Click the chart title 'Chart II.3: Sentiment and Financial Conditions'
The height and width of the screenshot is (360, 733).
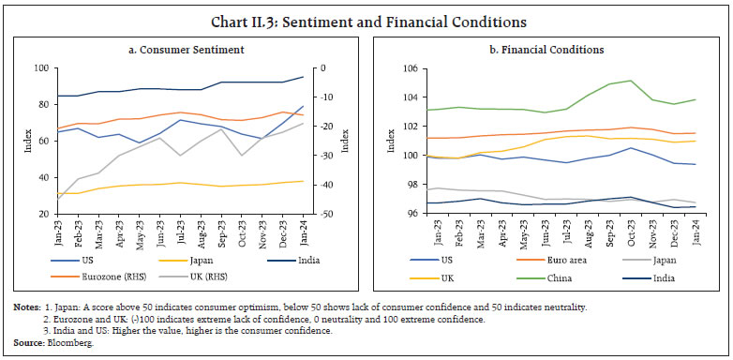point(366,19)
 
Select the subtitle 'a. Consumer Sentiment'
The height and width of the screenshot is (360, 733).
point(181,50)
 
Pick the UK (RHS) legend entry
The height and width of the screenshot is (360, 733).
point(243,277)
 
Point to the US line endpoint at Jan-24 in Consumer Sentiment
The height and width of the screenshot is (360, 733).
point(302,107)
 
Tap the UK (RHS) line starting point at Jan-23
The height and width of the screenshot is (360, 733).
point(58,198)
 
